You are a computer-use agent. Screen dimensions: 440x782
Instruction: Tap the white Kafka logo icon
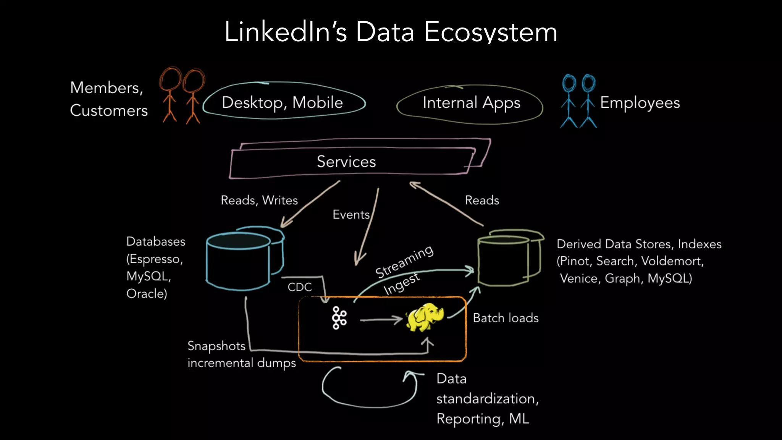[339, 318]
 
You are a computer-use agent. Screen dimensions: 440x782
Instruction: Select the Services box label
[346, 162]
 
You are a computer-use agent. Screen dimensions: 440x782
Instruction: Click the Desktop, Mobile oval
[283, 102]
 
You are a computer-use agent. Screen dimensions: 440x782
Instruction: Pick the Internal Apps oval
[471, 103]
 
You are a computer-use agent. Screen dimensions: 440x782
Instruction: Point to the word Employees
[640, 102]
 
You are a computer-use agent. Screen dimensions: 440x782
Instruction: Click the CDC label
[300, 287]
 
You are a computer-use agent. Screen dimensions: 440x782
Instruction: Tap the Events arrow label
[351, 215]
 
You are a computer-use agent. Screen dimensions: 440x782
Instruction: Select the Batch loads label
[506, 318]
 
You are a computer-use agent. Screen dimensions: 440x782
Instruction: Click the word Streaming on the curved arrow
[404, 262]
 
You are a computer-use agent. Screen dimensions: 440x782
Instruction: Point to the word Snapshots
[217, 346]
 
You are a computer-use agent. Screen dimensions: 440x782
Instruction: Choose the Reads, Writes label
[259, 200]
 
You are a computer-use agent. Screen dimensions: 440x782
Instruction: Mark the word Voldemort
[672, 261]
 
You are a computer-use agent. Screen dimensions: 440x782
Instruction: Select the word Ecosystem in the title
[491, 32]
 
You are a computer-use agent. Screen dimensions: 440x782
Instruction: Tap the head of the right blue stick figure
[588, 82]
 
